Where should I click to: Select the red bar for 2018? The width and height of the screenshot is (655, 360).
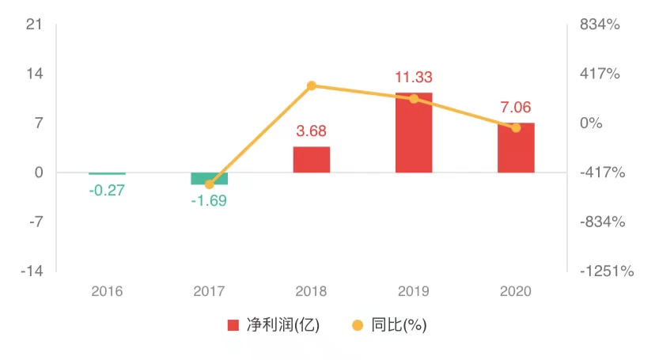tap(312, 159)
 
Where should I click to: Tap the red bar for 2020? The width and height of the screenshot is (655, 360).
tap(516, 148)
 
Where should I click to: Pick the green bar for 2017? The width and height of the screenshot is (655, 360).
tap(210, 178)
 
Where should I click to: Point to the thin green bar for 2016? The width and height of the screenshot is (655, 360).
tap(107, 173)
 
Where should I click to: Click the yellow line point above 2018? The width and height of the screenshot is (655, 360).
tap(312, 85)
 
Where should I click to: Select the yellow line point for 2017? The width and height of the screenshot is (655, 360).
tap(210, 184)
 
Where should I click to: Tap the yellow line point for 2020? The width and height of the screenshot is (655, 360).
tap(516, 127)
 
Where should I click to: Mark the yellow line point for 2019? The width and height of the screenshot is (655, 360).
tap(414, 98)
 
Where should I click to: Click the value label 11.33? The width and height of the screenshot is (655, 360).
tap(414, 78)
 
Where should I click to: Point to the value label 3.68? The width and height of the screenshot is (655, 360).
tap(312, 131)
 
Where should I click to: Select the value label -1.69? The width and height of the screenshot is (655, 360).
tap(209, 200)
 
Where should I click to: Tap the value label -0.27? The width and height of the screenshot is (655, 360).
tap(107, 190)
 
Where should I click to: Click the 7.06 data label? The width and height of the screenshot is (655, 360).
tap(516, 108)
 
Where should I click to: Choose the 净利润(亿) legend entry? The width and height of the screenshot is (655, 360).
tap(274, 325)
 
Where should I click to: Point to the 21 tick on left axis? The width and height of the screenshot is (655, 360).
tap(33, 25)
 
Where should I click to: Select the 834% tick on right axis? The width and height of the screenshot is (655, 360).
tap(600, 25)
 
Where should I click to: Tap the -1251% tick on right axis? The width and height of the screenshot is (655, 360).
tap(606, 271)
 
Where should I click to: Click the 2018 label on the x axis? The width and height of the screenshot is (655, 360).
tap(312, 291)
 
